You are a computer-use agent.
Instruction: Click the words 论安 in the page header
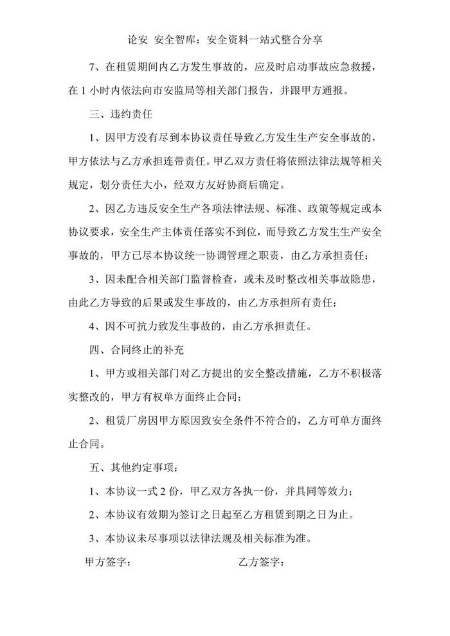click(x=139, y=40)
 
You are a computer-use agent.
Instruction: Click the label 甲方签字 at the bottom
click(x=107, y=562)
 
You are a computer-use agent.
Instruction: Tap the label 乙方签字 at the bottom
click(x=260, y=562)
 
